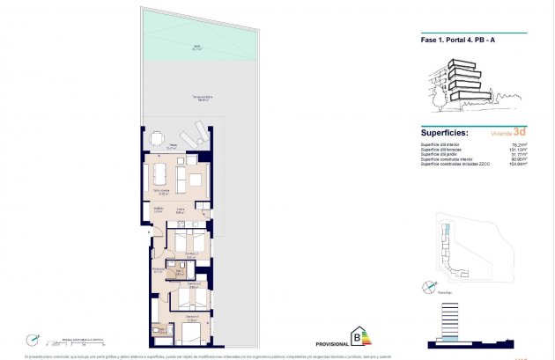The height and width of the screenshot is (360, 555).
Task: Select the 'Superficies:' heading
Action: coord(450,133)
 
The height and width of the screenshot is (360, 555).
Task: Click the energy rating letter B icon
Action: coord(357,335)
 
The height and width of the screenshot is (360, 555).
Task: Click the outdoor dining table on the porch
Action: coord(157,138)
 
